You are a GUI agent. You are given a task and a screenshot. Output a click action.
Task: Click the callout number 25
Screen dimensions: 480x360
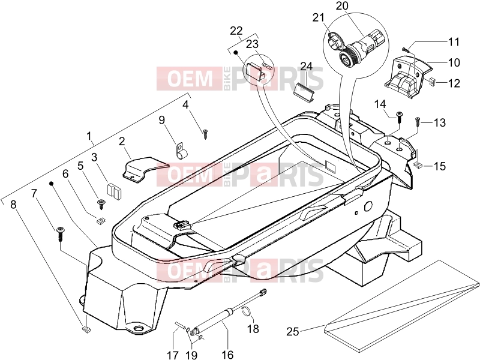292,332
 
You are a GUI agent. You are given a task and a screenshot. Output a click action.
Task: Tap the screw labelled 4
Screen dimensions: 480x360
205,134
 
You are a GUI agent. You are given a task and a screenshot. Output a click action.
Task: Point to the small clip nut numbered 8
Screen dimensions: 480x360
86,329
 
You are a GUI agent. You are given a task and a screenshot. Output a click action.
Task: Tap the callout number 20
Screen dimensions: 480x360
342,6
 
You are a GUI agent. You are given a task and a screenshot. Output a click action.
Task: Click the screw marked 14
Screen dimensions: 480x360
399,116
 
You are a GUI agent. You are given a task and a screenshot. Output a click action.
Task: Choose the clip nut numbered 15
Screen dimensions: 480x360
418,166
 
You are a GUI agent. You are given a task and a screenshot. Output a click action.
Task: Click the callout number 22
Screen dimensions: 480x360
236,31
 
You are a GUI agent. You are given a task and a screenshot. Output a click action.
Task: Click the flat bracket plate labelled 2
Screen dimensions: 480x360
144,169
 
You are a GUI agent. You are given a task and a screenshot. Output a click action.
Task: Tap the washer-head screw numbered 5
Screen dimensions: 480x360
101,203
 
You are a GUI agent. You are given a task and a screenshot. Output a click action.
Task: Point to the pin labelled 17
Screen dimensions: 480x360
181,326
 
